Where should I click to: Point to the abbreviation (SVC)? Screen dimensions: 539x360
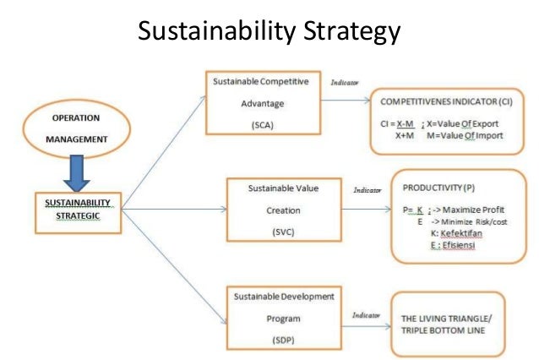pyautogui.click(x=270, y=231)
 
